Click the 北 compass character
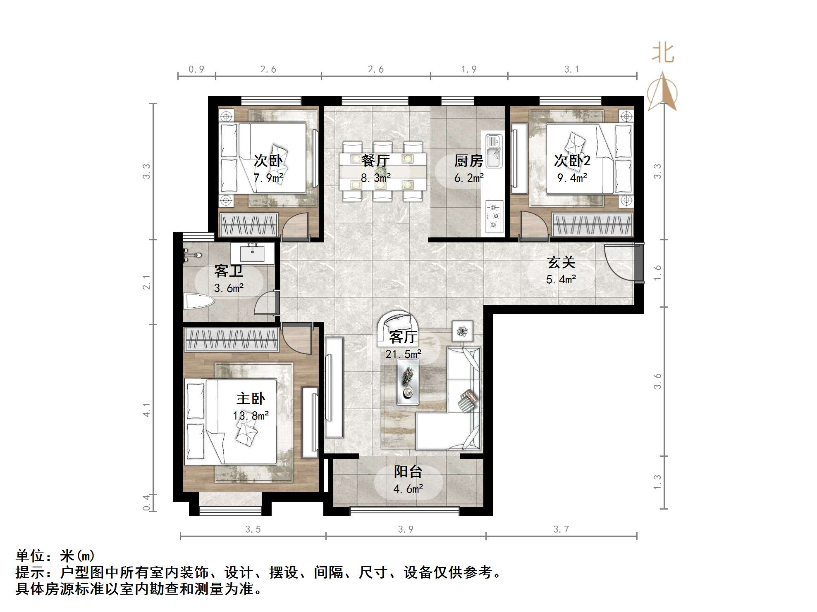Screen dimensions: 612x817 tap(663, 53)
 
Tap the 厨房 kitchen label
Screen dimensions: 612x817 tap(468, 160)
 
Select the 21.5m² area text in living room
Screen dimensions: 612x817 tap(403, 354)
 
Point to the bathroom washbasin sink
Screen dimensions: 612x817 tap(252, 253)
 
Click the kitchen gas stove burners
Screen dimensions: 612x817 tap(494, 215)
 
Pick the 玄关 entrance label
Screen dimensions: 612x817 tap(561, 262)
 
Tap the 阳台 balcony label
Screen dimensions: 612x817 tap(408, 472)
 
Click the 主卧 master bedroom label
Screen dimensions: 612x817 tap(251, 399)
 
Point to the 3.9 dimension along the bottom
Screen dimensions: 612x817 tap(405, 529)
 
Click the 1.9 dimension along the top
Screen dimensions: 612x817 tap(469, 69)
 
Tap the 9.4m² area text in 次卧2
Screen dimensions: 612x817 tap(572, 178)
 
